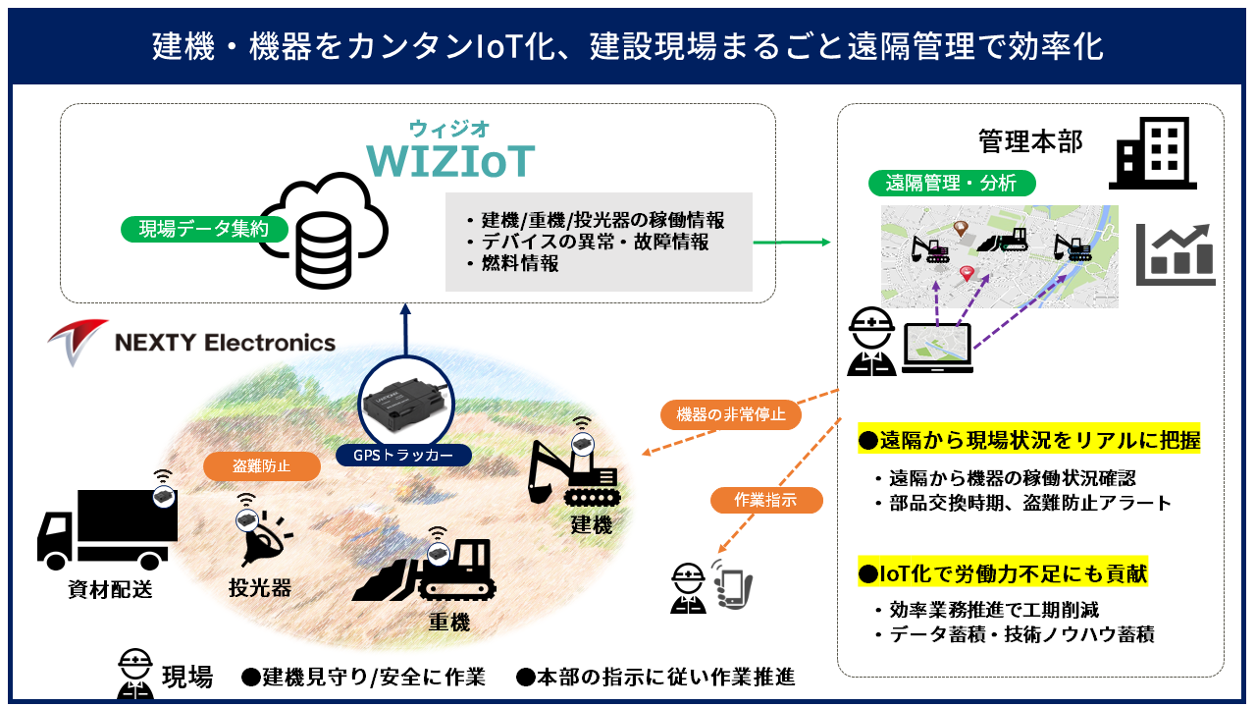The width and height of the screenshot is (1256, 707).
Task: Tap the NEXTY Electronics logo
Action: coord(192,343)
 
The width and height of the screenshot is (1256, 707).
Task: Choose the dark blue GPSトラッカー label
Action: coord(402,456)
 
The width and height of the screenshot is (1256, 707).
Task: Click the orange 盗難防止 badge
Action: coord(262,465)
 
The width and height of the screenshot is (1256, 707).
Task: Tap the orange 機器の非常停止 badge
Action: coord(731,414)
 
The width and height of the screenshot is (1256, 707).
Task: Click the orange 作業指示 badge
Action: coord(765,500)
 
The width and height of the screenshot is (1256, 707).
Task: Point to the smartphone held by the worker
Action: coord(732,587)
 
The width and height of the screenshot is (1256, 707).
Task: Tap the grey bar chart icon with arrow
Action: coord(1176,253)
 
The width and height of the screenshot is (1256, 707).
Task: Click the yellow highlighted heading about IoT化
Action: coord(1002,573)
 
